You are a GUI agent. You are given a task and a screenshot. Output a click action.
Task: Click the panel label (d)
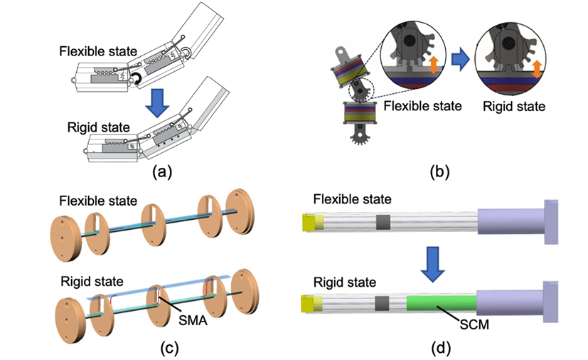[x=439, y=348]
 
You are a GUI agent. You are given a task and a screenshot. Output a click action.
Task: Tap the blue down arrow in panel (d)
[x=432, y=261]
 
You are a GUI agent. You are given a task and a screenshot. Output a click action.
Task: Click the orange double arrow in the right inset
[x=536, y=68]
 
